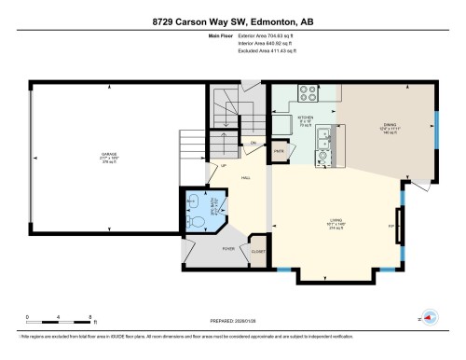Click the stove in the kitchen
[307, 92]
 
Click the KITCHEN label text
[304, 118]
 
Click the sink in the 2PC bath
[192, 200]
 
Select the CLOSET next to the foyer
[258, 251]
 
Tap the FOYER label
[227, 249]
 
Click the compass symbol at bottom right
[430, 319]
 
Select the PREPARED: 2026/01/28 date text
[232, 319]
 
